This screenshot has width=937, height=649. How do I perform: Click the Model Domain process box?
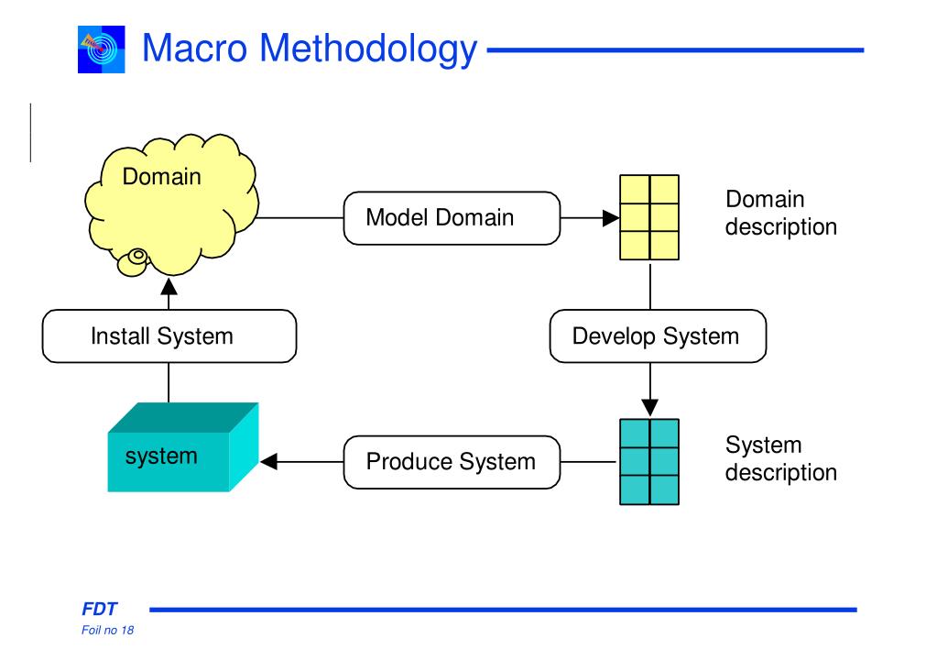pyautogui.click(x=452, y=218)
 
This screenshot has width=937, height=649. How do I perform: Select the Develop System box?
pyautogui.click(x=658, y=336)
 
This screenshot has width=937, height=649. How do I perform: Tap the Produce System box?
pyautogui.click(x=452, y=462)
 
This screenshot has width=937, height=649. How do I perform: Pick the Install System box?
pyautogui.click(x=169, y=336)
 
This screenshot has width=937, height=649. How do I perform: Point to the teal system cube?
pyautogui.click(x=183, y=447)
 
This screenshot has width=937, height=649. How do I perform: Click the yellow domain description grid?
pyautogui.click(x=649, y=217)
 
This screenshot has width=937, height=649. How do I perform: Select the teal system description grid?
pyautogui.click(x=649, y=462)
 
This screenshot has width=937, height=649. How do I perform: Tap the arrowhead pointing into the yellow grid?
pyautogui.click(x=611, y=218)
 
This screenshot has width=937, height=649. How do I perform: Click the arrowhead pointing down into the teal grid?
pyautogui.click(x=650, y=408)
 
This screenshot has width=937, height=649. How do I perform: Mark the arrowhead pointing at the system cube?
pyautogui.click(x=269, y=462)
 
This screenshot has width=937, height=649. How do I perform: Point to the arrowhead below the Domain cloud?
pyautogui.click(x=169, y=287)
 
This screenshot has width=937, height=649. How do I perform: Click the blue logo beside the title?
pyautogui.click(x=102, y=49)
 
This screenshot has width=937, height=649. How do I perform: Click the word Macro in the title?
pyautogui.click(x=194, y=48)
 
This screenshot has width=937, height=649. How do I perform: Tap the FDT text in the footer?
pyautogui.click(x=99, y=609)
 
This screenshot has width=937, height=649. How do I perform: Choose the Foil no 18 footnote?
pyautogui.click(x=107, y=630)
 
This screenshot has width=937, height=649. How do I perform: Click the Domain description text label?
pyautogui.click(x=781, y=213)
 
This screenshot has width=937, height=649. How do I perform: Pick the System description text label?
pyautogui.click(x=781, y=458)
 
